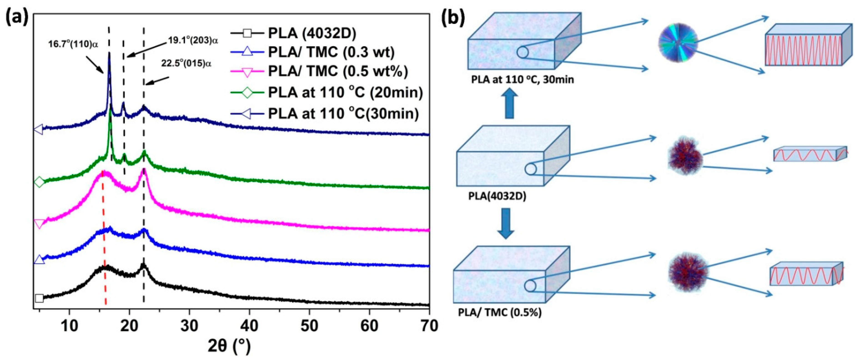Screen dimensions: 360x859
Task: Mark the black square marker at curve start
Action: (x=39, y=298)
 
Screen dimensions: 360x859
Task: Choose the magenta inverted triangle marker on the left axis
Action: (x=39, y=224)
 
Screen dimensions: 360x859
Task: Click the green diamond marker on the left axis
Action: (x=39, y=182)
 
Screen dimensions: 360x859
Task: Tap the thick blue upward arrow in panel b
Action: (x=509, y=105)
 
